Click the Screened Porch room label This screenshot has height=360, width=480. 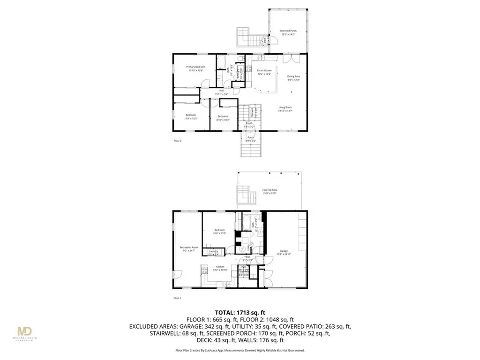[x=289, y=31]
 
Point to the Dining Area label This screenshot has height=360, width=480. [x=293, y=78]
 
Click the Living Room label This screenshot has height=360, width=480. [x=285, y=109]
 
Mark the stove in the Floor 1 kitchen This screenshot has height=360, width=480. [x=204, y=270]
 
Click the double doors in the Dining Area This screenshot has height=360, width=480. [x=292, y=59]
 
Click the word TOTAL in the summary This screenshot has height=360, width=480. [x=225, y=312]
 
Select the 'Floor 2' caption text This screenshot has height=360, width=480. [x=177, y=140]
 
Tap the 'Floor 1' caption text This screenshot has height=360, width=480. [x=177, y=298]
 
